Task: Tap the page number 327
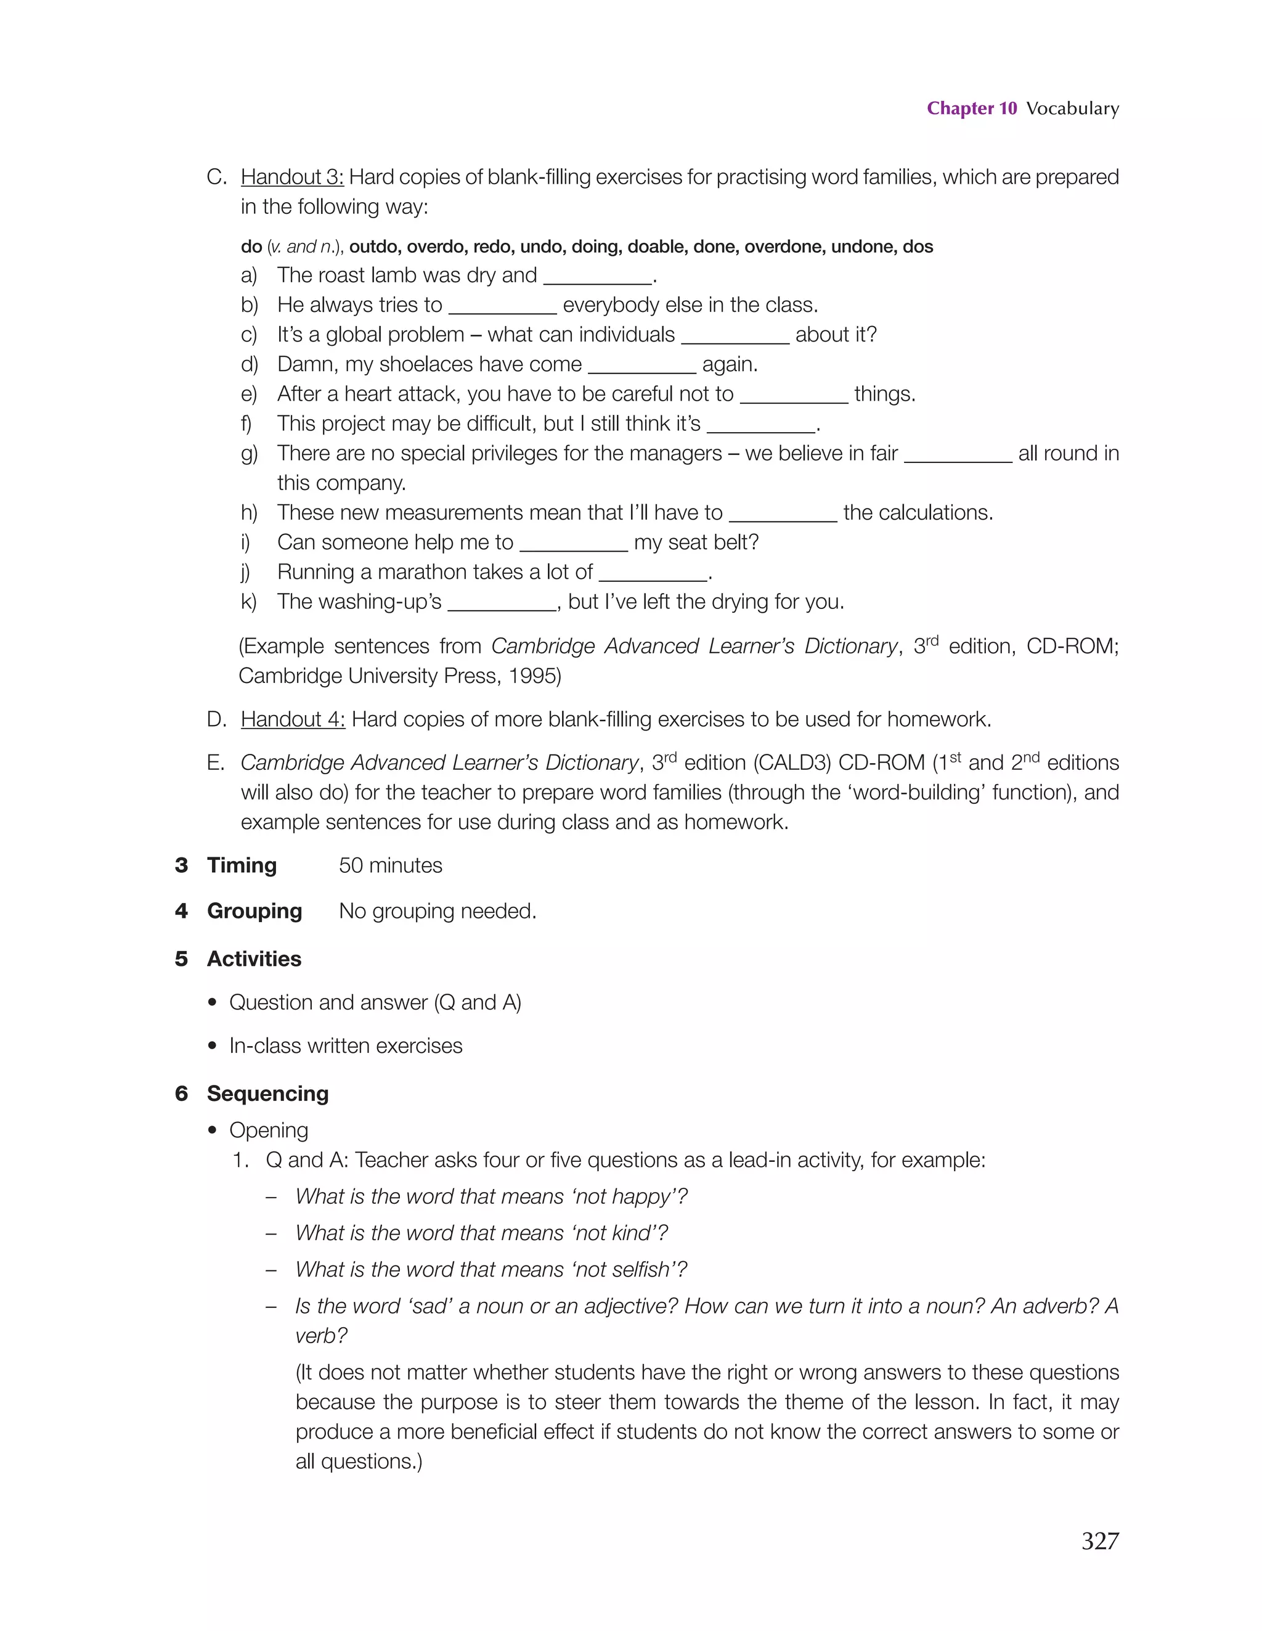pyautogui.click(x=1099, y=1540)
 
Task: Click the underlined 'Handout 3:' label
pyautogui.click(x=292, y=177)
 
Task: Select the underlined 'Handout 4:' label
pyautogui.click(x=292, y=719)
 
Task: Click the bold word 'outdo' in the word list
pyautogui.click(x=371, y=247)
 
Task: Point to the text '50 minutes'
pyautogui.click(x=391, y=865)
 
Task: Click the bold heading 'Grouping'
pyautogui.click(x=254, y=911)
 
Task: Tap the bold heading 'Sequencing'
pyautogui.click(x=267, y=1094)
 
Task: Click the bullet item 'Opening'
pyautogui.click(x=268, y=1130)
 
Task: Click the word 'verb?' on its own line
pyautogui.click(x=321, y=1335)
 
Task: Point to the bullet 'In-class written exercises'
pyautogui.click(x=345, y=1046)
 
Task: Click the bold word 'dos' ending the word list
pyautogui.click(x=918, y=247)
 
